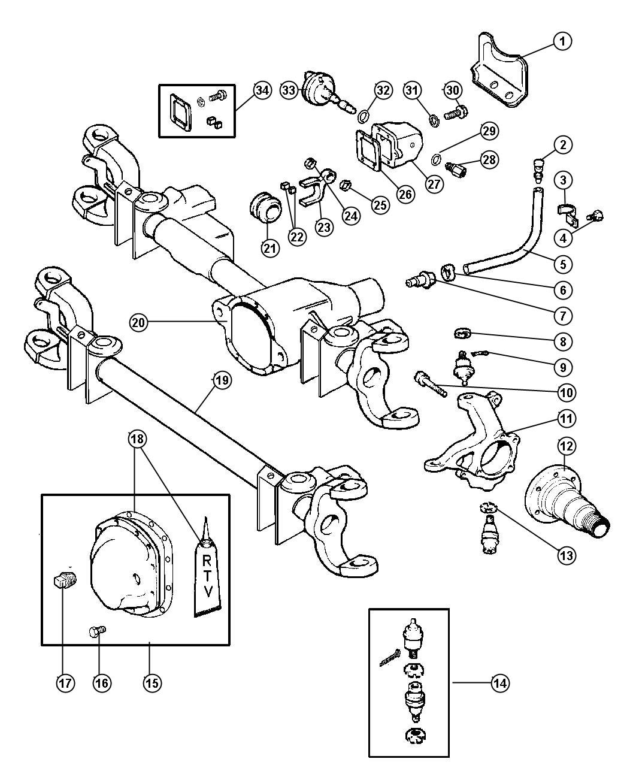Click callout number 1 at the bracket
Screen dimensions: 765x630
tap(562, 41)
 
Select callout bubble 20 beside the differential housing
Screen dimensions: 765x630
tap(139, 322)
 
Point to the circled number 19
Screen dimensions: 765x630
tap(221, 380)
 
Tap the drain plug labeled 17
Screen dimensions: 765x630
tap(62, 580)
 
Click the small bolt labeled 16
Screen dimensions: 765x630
tap(96, 631)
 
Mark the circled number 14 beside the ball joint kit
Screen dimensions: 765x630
tap(501, 682)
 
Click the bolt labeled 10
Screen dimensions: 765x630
tap(430, 383)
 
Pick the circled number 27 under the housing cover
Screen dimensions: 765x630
tap(435, 183)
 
